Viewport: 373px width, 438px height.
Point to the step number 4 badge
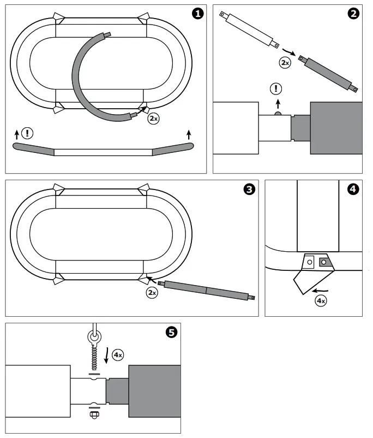click(x=354, y=189)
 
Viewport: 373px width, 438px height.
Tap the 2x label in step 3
click(x=152, y=292)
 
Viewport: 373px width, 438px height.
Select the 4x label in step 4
click(x=320, y=300)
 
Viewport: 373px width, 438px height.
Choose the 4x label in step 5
click(x=118, y=355)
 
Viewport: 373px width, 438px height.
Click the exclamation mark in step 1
click(x=27, y=133)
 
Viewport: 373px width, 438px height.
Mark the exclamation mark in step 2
click(x=278, y=88)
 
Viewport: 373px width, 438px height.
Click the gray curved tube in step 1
click(x=80, y=82)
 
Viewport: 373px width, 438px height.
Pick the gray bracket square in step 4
click(x=325, y=263)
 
